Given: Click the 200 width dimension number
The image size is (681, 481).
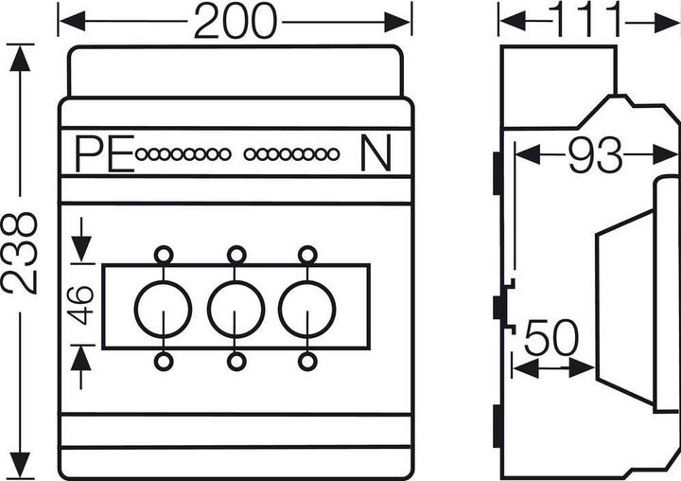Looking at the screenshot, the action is (x=235, y=21).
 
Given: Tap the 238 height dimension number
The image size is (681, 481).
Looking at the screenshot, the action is (x=20, y=253).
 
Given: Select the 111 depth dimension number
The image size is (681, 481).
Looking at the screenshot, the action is (x=588, y=20).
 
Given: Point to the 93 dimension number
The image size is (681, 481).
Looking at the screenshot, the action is (x=596, y=155).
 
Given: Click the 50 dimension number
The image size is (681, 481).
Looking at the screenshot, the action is (x=551, y=337).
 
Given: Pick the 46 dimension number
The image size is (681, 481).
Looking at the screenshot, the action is (x=82, y=305).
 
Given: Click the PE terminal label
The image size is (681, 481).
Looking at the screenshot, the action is (x=105, y=154).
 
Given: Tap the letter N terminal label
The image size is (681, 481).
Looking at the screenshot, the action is (x=375, y=153).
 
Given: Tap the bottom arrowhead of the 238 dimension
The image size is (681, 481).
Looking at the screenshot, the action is (x=20, y=465).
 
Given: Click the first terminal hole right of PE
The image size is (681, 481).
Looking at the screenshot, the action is (x=142, y=154).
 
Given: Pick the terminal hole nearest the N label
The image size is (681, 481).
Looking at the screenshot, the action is (x=333, y=154).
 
